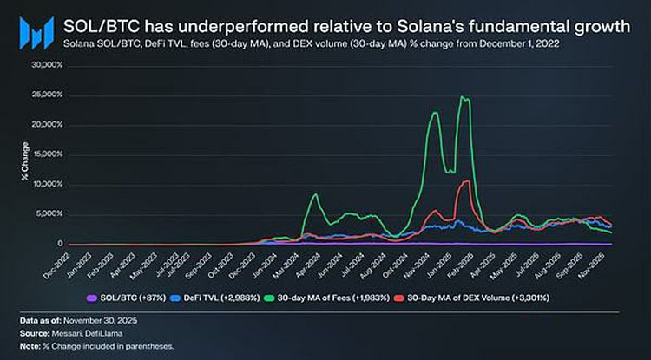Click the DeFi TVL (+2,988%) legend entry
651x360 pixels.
click(x=210, y=299)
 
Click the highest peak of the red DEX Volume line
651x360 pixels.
click(x=467, y=181)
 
